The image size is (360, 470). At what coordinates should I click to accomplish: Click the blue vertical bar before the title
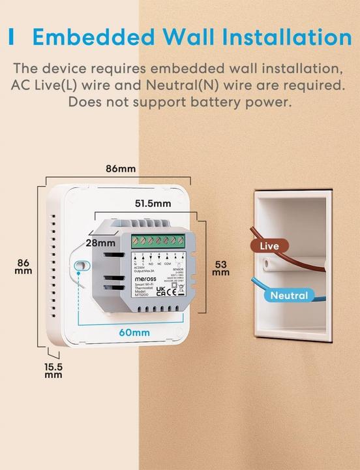[12, 37]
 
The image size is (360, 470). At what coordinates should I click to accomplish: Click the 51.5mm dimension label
[153, 203]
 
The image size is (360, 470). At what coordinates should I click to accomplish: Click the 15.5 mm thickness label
[53, 371]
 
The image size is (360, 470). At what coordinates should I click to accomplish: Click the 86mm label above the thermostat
[121, 168]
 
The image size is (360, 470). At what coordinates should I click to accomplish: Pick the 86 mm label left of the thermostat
[23, 268]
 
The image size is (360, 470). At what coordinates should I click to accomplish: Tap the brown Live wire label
[269, 246]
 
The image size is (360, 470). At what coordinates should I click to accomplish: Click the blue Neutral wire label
[288, 296]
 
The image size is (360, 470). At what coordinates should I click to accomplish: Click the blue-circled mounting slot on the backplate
[80, 266]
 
